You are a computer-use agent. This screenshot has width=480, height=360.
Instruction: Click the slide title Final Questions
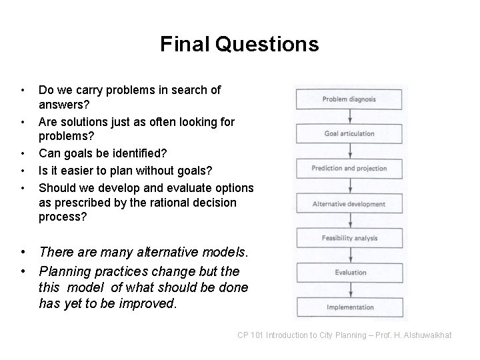239,45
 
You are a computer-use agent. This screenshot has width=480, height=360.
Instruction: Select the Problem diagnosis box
349,99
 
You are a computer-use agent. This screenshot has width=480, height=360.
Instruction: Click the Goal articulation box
349,134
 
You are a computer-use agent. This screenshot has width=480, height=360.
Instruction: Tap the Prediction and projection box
349,169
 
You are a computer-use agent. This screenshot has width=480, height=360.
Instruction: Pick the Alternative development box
349,203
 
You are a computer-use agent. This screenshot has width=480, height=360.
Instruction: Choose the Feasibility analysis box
349,238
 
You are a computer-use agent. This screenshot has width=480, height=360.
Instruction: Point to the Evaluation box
349,273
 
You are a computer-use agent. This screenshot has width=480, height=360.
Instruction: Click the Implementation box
349,307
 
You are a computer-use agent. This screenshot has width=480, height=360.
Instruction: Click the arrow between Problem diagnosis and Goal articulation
349,117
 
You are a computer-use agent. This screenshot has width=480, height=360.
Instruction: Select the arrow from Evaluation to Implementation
349,290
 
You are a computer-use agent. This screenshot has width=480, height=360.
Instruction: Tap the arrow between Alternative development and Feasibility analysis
349,221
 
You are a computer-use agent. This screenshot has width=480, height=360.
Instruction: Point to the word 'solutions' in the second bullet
83,122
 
